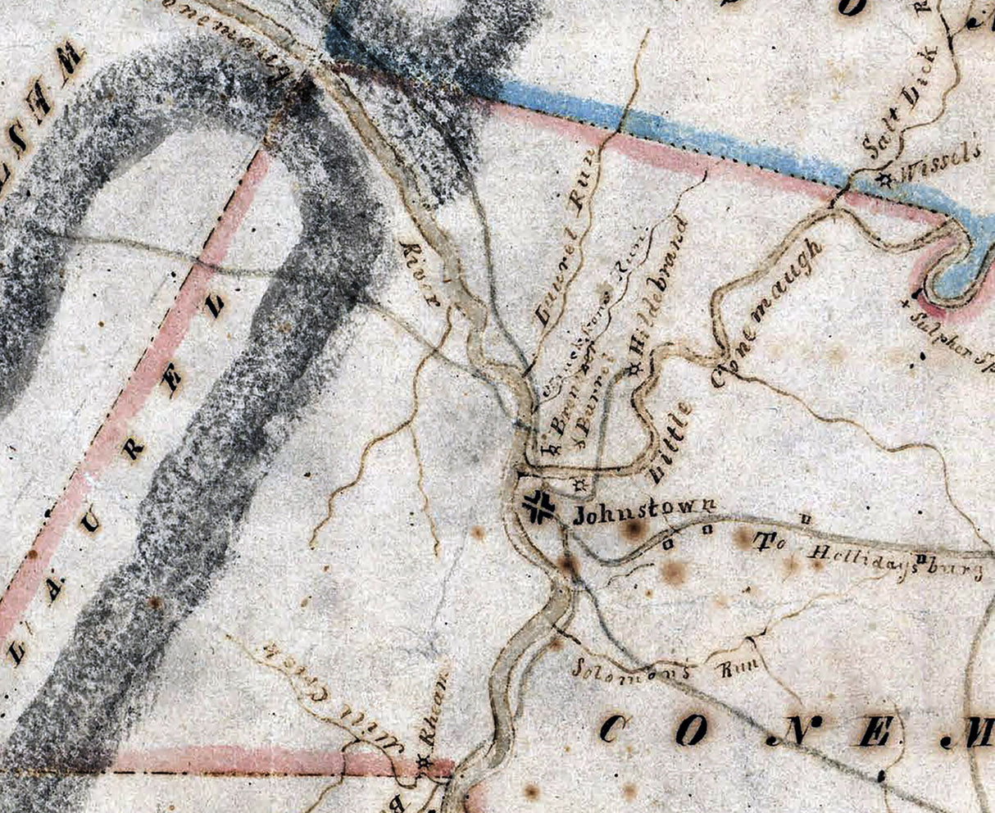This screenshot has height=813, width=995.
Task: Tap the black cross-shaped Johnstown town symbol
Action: (x=540, y=506)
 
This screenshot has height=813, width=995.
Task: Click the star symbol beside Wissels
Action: (x=885, y=177)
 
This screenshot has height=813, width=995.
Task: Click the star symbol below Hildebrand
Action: (x=635, y=370)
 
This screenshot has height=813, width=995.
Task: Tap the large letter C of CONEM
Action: (x=613, y=729)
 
